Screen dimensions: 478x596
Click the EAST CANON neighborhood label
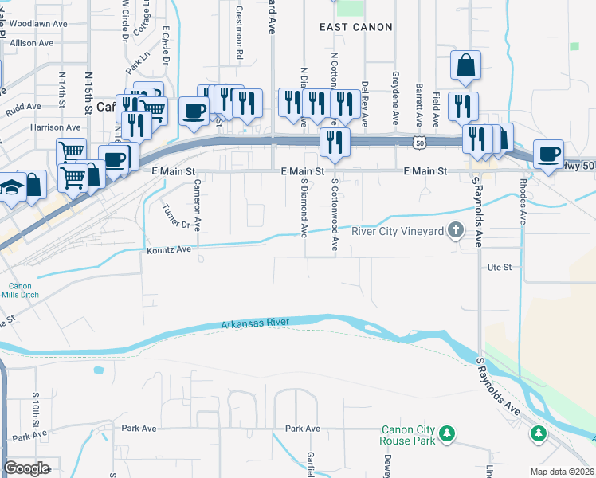click(356, 27)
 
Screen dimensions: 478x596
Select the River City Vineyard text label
click(397, 232)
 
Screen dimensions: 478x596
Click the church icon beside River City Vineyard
click(456, 231)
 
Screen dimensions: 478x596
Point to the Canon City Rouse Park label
click(410, 435)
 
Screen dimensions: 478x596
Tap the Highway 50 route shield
click(419, 142)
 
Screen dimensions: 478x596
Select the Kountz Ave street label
click(169, 250)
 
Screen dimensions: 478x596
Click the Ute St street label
click(499, 268)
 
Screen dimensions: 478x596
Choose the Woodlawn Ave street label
click(39, 25)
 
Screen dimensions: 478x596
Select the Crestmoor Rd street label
click(239, 36)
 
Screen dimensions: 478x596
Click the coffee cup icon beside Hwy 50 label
click(547, 154)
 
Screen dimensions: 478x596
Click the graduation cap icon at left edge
click(10, 186)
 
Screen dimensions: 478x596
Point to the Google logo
click(26, 468)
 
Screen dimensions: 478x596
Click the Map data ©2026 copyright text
click(562, 472)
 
